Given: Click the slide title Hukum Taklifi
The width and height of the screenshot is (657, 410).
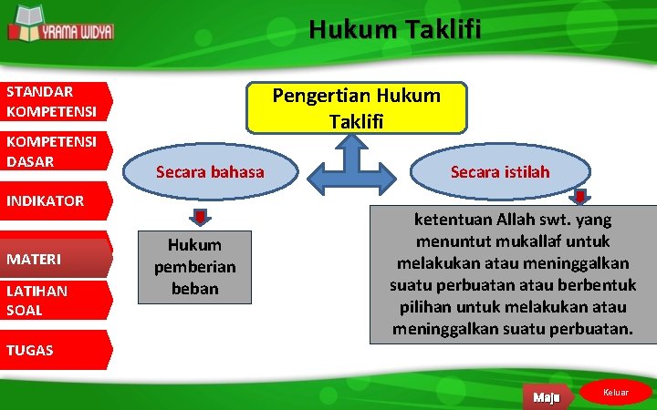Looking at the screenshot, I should pos(394,30).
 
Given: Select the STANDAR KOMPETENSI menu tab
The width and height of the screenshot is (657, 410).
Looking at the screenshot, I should pos(55,101).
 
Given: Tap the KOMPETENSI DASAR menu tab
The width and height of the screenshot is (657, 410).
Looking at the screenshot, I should pos(55,151).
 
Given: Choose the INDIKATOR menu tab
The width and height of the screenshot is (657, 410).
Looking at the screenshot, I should pos(55,200).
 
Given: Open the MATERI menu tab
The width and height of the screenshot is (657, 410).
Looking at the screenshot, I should pos(55,260).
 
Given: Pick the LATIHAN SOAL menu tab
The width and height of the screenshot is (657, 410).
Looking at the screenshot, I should pos(55,300).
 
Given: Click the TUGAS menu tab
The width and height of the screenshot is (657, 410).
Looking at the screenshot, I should pos(55,350).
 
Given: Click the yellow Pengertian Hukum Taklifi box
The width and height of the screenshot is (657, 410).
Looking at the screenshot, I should pos(356,108).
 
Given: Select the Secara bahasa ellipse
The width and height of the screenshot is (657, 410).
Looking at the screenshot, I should pos(210,171).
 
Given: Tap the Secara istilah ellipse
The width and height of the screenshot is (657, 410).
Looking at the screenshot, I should pos(498,171).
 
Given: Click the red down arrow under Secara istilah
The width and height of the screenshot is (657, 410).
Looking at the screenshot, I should pos(579,198).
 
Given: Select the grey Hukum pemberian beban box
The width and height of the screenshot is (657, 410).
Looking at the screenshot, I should pos(193,267).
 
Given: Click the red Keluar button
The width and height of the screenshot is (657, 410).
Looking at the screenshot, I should pos(618,393).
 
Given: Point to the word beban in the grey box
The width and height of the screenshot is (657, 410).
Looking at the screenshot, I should pos(193,288).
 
